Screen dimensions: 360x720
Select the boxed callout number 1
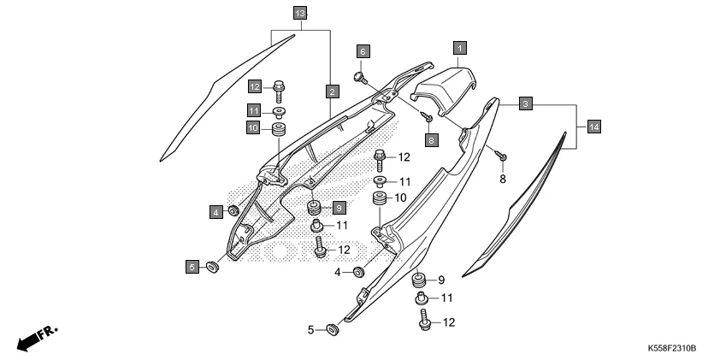[459, 49]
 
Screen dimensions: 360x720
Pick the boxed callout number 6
[362, 51]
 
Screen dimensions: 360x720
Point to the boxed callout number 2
[330, 90]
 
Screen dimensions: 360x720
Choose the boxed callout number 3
[527, 103]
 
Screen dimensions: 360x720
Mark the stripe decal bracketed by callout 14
[517, 207]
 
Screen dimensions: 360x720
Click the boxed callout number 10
[254, 128]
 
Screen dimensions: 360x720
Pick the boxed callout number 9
[339, 208]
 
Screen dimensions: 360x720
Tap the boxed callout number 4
[217, 210]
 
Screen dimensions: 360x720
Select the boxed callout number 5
[192, 268]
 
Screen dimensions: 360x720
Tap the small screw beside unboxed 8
[504, 157]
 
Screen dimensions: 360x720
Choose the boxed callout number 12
[254, 86]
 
